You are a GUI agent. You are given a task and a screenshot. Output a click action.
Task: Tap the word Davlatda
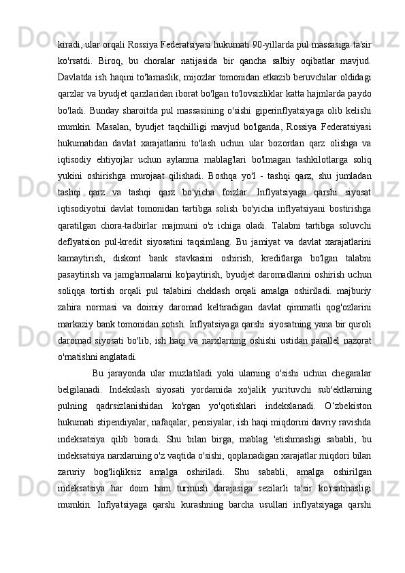tap(76, 78)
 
